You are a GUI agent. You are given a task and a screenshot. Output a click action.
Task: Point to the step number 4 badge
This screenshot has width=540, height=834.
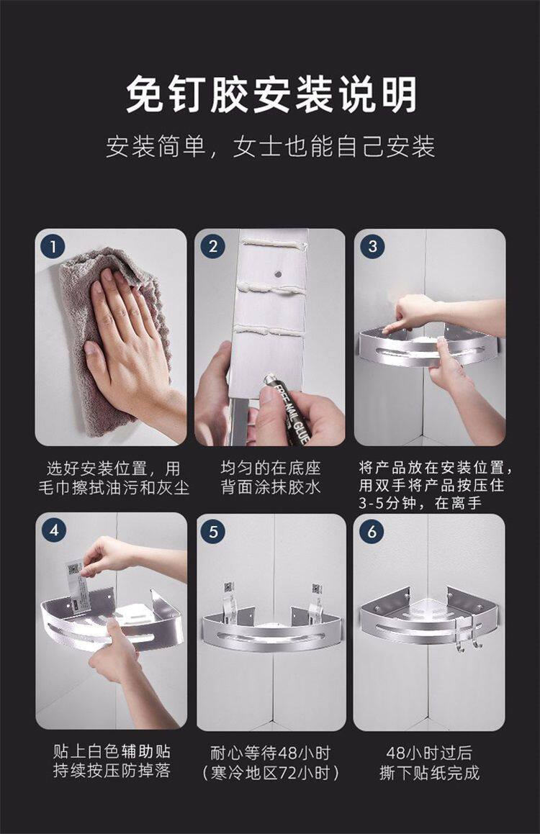point(54,530)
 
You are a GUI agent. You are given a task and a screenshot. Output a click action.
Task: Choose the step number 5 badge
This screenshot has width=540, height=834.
point(213,531)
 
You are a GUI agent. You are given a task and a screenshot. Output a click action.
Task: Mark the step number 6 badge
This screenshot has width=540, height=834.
point(372,531)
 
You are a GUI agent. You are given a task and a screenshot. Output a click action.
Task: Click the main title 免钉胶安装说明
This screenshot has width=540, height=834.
point(271,95)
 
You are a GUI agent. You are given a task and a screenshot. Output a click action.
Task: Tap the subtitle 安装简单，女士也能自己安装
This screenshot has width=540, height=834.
point(270,146)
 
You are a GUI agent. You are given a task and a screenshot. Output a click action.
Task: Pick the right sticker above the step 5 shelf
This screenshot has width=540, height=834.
point(317,595)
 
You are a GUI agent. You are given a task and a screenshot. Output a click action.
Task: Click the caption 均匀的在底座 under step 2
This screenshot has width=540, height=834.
point(271,468)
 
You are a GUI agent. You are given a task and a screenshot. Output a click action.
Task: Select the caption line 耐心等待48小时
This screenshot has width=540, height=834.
point(270,753)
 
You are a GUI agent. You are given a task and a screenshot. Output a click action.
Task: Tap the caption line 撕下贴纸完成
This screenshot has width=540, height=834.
point(429,772)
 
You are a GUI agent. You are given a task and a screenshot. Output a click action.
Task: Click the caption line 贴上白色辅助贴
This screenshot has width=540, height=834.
point(112,751)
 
